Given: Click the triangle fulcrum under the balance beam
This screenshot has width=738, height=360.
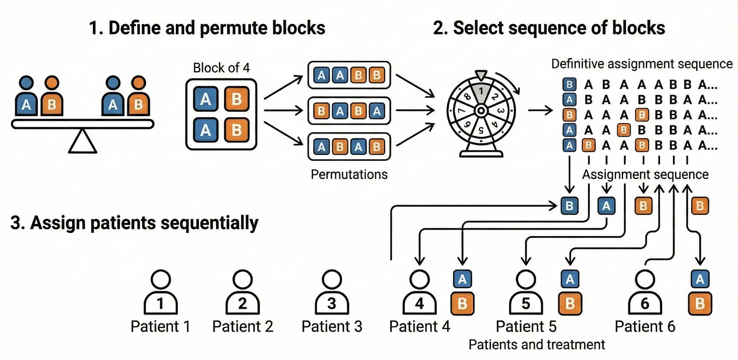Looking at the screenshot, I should point(82,142).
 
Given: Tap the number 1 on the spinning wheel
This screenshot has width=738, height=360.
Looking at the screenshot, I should point(481,91).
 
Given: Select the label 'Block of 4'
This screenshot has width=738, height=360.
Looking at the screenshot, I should point(221,68).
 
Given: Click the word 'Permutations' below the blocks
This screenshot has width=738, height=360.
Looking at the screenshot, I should point(349,174).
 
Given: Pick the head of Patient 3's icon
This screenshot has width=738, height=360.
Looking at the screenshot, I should point(332,279).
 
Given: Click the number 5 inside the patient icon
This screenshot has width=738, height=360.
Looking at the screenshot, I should point(526,304).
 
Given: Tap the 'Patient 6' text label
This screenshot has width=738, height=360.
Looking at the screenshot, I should point(645,327).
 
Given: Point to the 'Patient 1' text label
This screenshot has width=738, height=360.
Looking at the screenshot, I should point(160,327).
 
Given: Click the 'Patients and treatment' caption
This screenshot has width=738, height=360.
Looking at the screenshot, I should point(537,345).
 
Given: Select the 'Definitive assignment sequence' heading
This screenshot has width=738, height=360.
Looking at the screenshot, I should point(642,64).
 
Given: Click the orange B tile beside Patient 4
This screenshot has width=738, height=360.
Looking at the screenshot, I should point(462,304).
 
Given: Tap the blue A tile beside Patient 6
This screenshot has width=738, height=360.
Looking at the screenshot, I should point(700,279).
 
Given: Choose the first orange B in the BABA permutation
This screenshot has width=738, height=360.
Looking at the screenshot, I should point(322,111).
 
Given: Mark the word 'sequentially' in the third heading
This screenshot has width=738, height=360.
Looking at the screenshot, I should point(209,223).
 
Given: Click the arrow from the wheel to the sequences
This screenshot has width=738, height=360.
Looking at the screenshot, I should point(540,110).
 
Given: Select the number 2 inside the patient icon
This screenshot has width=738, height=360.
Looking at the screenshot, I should point(242,304).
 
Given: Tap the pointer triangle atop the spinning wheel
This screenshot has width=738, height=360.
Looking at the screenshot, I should point(481,75).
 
